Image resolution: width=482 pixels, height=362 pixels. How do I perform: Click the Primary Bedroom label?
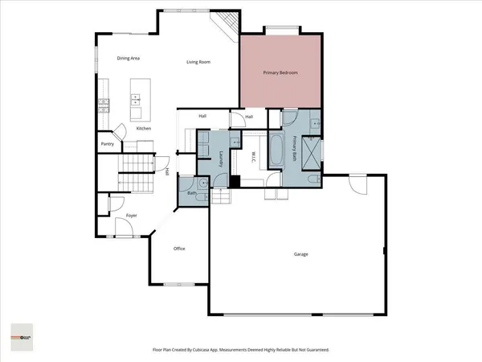tap(281, 73)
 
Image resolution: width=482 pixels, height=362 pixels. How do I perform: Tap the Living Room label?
tap(198, 62)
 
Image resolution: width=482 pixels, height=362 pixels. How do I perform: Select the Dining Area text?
tap(129, 58)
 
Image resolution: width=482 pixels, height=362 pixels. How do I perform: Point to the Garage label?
tap(300, 254)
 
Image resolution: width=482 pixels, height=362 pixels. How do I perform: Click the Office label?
tap(179, 249)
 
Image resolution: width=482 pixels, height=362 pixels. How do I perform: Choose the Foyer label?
tap(131, 216)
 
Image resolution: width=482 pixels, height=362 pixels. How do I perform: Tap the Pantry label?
tap(107, 144)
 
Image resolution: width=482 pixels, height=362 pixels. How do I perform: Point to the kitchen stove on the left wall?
tap(103, 103)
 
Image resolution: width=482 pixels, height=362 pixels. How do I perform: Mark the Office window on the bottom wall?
tap(178, 283)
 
